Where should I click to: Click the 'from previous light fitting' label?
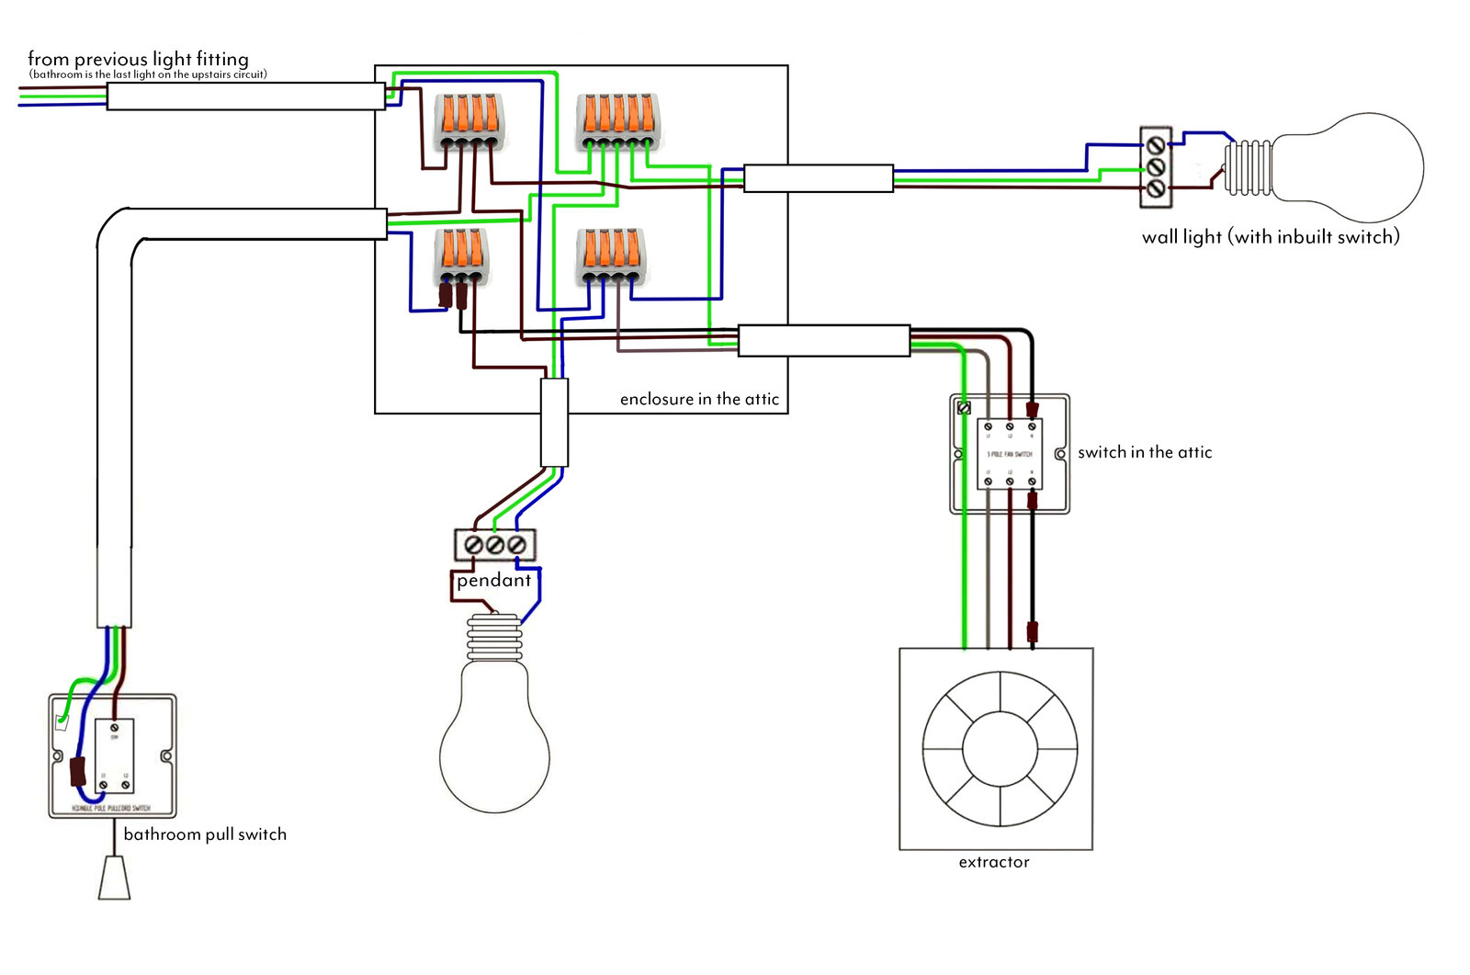click(138, 59)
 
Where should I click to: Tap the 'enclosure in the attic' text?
click(699, 399)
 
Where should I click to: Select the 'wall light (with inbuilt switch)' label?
click(1271, 237)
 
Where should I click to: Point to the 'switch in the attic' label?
click(1145, 452)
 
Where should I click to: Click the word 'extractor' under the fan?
click(994, 862)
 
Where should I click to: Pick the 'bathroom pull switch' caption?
click(205, 834)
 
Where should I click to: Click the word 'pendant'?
click(494, 581)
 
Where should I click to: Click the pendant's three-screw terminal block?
click(495, 545)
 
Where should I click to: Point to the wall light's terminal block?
click(1156, 166)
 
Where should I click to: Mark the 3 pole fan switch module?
click(1010, 453)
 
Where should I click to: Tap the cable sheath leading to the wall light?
click(818, 178)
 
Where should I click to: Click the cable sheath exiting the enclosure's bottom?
click(554, 423)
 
